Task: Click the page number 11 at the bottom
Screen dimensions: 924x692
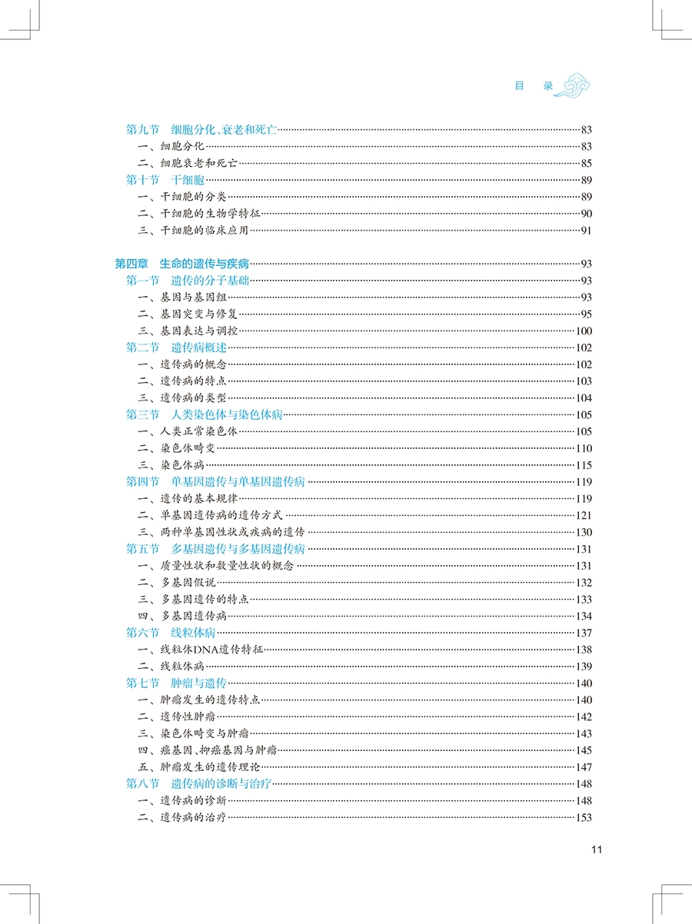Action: [x=597, y=849]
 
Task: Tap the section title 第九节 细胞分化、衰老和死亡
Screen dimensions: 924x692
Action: [x=201, y=130]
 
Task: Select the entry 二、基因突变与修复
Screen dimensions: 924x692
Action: [x=188, y=314]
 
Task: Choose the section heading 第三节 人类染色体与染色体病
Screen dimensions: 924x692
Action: [x=205, y=415]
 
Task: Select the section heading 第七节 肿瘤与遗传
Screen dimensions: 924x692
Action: [x=176, y=683]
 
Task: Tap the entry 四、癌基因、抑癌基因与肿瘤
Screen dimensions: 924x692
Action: [x=207, y=750]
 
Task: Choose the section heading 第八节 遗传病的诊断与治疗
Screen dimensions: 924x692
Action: [x=198, y=783]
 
